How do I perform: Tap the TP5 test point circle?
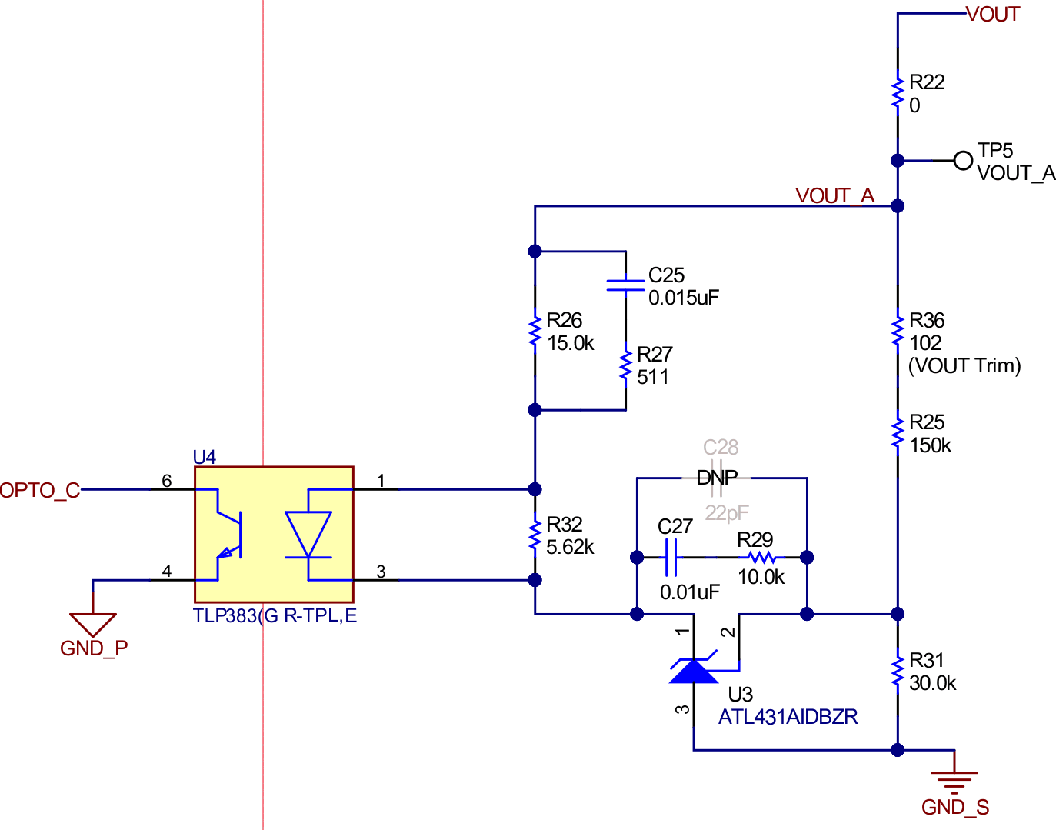[x=963, y=161]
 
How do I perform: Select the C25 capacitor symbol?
[x=625, y=285]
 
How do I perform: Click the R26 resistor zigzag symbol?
[x=535, y=331]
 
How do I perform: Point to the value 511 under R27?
[x=652, y=377]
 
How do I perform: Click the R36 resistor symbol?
[x=898, y=331]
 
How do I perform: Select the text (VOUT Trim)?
[x=964, y=365]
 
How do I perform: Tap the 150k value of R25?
[x=930, y=445]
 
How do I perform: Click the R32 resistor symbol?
[x=535, y=535]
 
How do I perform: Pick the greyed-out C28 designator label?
[x=721, y=447]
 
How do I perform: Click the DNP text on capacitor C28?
[x=717, y=478]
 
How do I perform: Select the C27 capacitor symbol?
[x=671, y=557]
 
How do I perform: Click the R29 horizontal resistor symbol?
[x=761, y=557]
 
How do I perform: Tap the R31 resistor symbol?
[x=898, y=672]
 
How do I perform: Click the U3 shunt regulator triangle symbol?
[x=694, y=672]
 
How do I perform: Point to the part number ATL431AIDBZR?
[x=788, y=717]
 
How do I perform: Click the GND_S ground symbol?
[x=954, y=781]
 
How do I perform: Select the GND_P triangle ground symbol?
[x=93, y=623]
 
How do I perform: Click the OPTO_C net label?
[x=40, y=490]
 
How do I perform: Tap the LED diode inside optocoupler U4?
[x=308, y=534]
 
